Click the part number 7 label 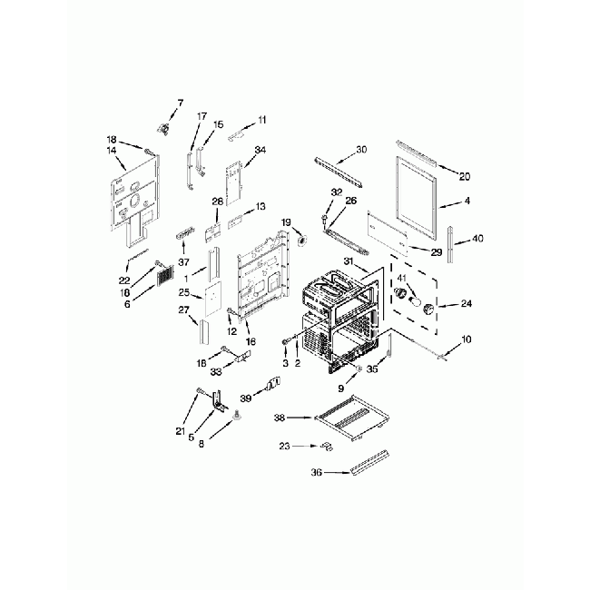coord(181,103)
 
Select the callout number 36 coord(317,472)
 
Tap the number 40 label coord(477,238)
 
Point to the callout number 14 coord(112,151)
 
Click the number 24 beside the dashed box coord(467,303)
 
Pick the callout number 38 coord(280,418)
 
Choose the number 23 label coord(285,446)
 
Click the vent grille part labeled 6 coord(165,277)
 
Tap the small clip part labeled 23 coord(327,447)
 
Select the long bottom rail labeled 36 coord(369,463)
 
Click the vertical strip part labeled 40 coord(450,244)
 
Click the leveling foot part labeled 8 coord(237,415)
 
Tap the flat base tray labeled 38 coord(353,418)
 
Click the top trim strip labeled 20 coord(417,153)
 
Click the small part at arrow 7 coord(163,129)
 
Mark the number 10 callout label coord(466,339)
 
